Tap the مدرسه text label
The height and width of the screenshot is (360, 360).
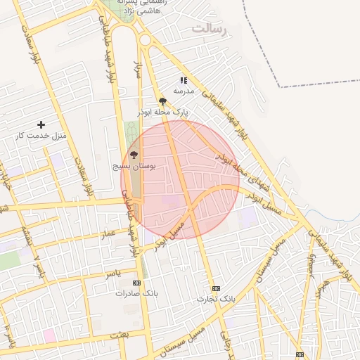pos(184,91)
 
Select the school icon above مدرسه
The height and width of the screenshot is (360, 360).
pos(184,81)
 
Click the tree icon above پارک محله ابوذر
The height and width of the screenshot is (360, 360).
pos(163,102)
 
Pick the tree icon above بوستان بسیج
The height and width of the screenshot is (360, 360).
pos(134,155)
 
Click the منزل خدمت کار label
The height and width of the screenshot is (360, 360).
pos(40,135)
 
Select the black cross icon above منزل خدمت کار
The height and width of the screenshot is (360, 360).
pos(41,124)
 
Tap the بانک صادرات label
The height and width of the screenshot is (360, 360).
pos(134,293)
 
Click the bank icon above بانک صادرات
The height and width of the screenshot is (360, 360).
pos(136,283)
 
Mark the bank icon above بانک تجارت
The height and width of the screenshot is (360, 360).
pos(216,288)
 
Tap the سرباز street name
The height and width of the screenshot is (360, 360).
pos(139,70)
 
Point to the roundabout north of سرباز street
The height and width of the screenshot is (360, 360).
pos(146,40)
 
